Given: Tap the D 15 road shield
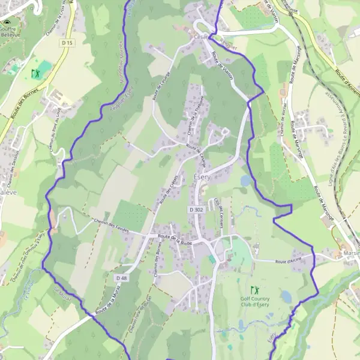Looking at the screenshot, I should coord(67,43).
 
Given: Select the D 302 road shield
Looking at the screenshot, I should coord(196,209).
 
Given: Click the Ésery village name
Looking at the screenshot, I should coord(202,178).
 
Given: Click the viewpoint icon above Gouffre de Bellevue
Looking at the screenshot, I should coord(8,22).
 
